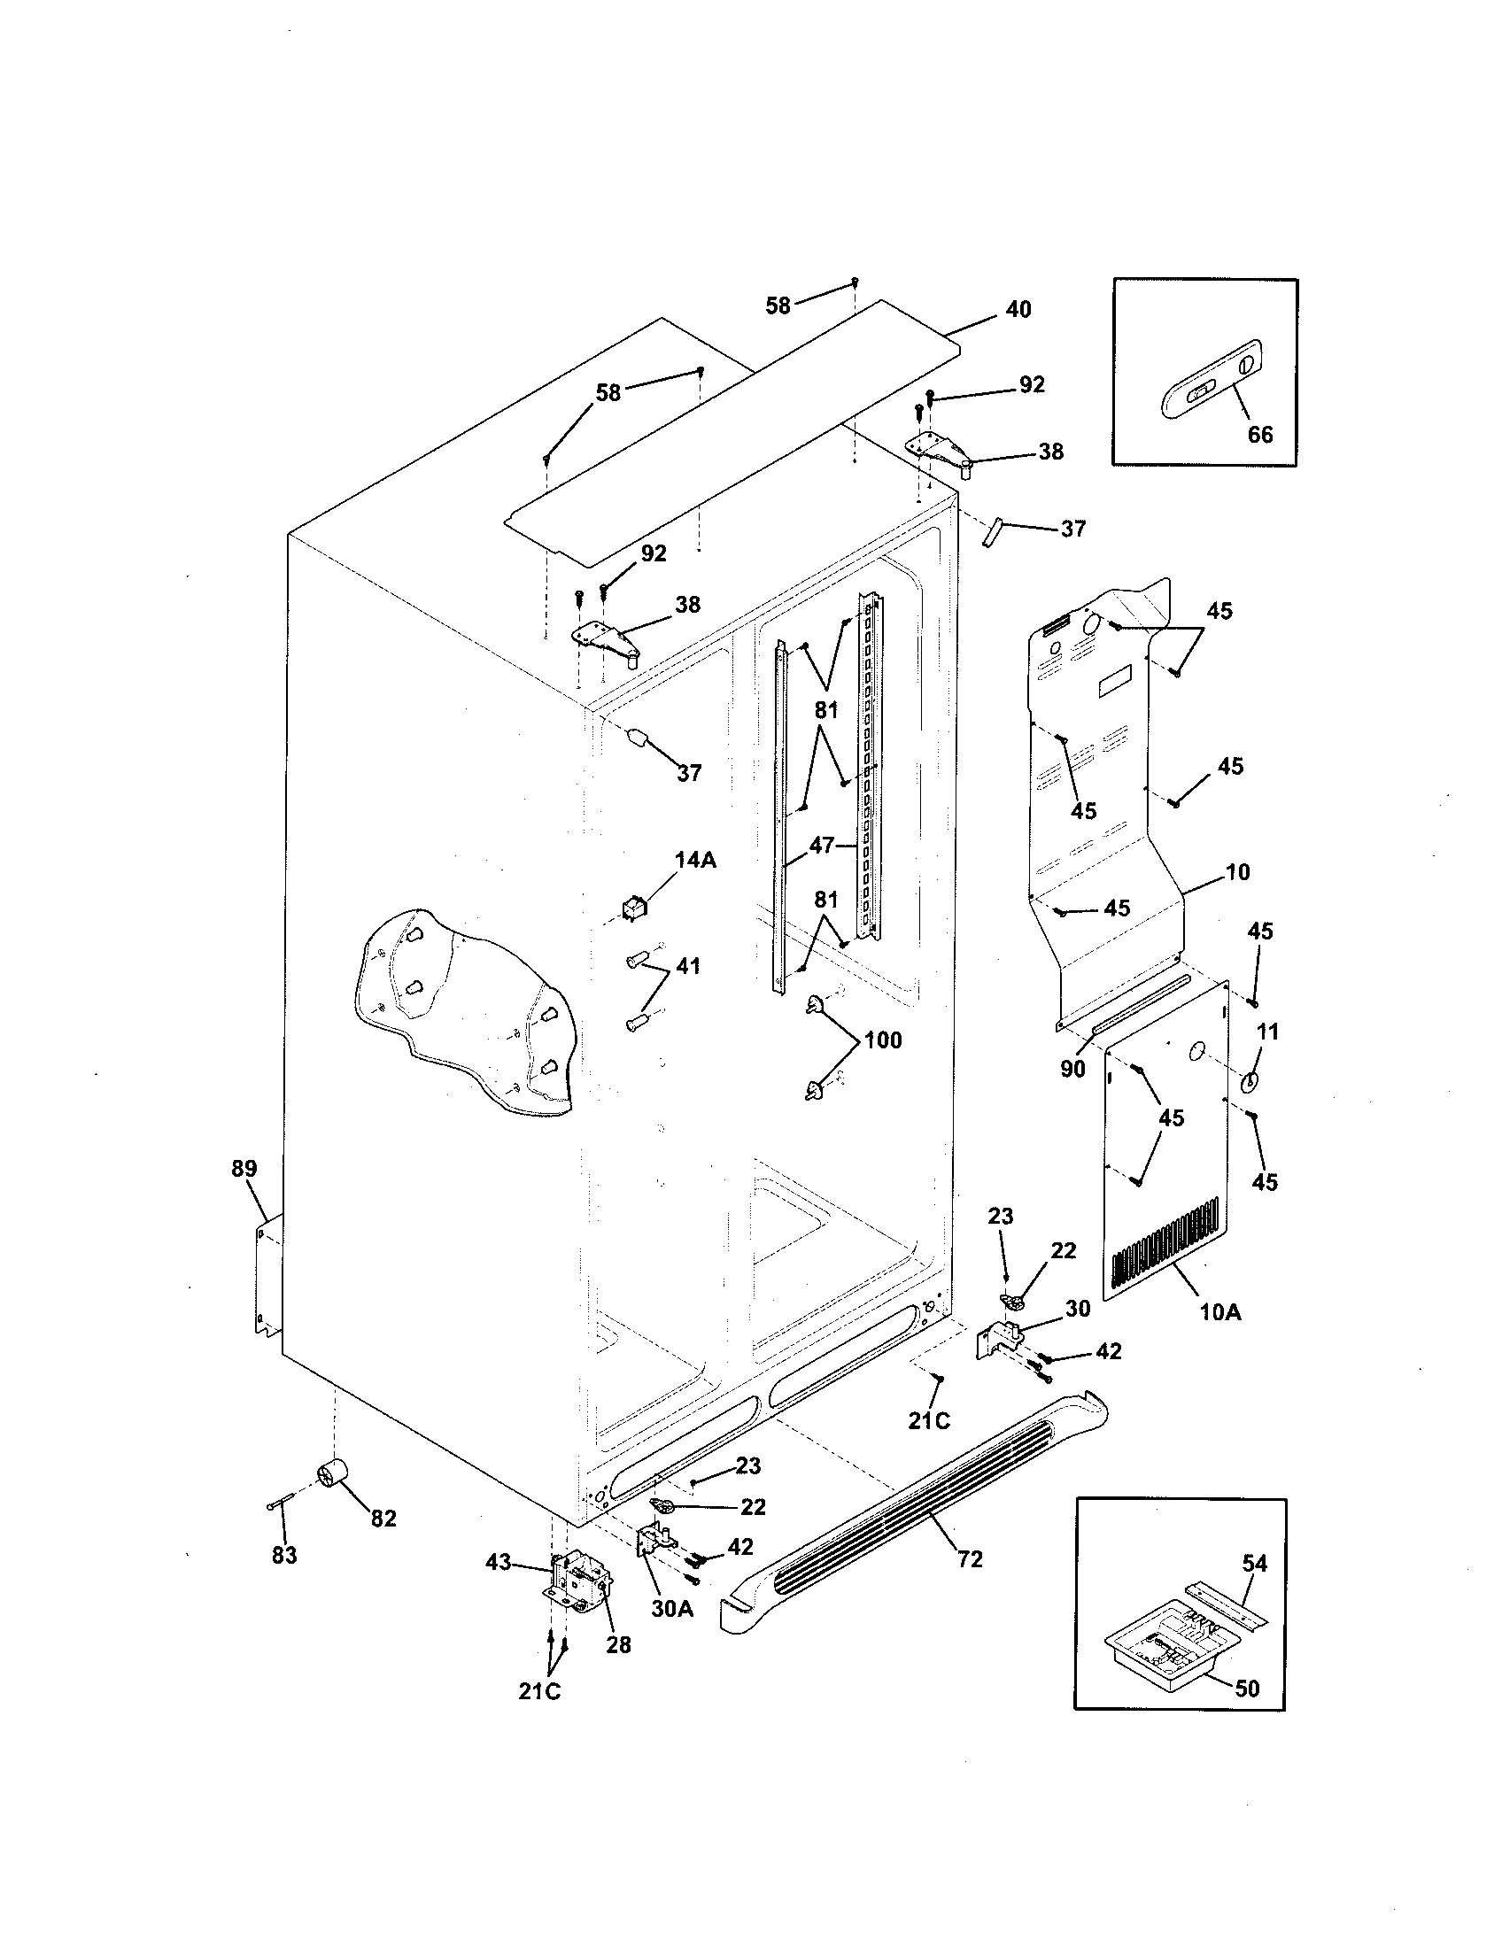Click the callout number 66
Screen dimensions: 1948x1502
[x=1259, y=435]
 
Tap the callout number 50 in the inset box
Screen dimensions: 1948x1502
[x=1247, y=1689]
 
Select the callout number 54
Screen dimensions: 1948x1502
[x=1254, y=1563]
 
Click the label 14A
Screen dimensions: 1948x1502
[x=695, y=860]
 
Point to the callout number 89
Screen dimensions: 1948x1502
[x=244, y=1168]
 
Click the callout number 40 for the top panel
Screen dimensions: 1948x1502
[x=1018, y=309]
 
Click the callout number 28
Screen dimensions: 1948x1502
[x=618, y=1645]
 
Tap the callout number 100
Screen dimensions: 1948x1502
[x=882, y=1040]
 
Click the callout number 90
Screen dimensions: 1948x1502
[x=1072, y=1069]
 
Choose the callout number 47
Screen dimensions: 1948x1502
[x=822, y=844]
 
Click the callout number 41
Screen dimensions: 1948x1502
[x=687, y=966]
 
